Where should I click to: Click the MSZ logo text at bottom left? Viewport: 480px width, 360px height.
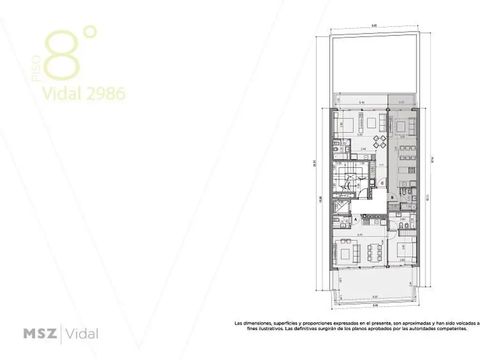[40, 334]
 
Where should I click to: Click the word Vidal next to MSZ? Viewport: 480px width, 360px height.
[82, 334]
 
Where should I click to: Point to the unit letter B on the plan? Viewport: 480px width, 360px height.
[392, 197]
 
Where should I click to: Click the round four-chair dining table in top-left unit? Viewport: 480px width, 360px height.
[379, 141]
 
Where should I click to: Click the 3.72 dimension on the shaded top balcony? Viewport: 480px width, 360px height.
[402, 102]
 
